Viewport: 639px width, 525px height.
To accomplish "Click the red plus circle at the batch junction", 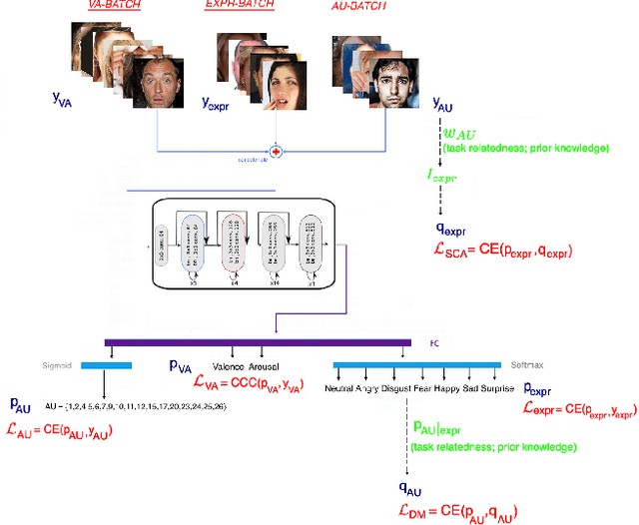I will point(278,152).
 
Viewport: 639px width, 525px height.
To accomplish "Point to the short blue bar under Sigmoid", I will point(104,365).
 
